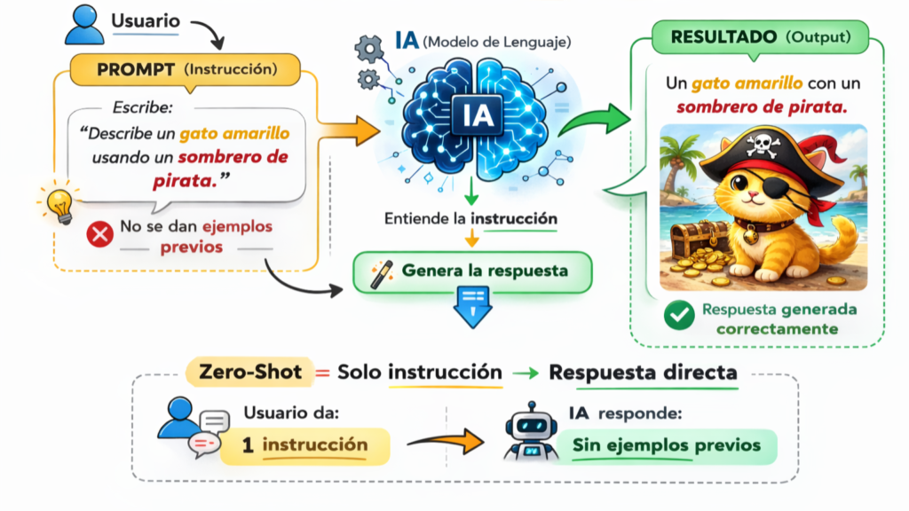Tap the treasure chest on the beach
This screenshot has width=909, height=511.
click(692, 239)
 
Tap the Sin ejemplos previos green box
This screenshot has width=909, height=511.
click(666, 444)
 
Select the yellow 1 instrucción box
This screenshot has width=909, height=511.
click(304, 444)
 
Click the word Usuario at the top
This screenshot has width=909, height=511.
click(145, 20)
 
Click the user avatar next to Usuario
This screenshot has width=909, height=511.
click(85, 22)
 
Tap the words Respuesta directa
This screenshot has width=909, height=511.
click(642, 372)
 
